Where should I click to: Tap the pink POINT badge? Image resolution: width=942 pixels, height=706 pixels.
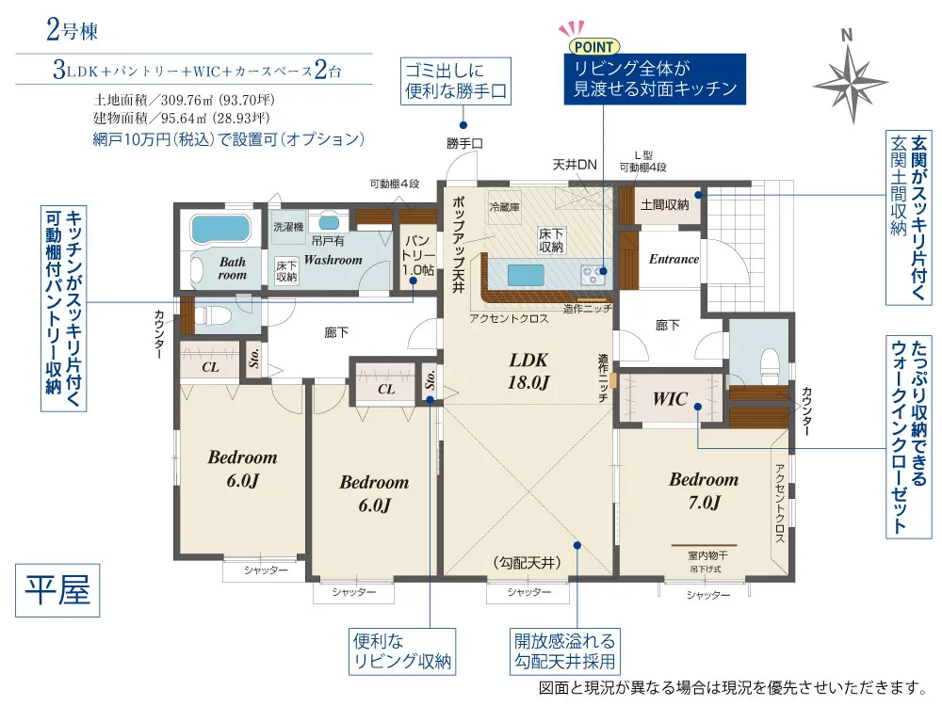pyautogui.click(x=593, y=46)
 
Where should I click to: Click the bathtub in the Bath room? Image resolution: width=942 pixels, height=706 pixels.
pyautogui.click(x=219, y=229)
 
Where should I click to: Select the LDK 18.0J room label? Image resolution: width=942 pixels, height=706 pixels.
pyautogui.click(x=528, y=370)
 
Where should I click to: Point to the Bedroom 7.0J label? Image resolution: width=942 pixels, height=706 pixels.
pyautogui.click(x=704, y=489)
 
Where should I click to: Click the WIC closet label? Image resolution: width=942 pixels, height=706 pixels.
pyautogui.click(x=670, y=398)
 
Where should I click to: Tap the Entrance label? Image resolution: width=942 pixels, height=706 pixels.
pyautogui.click(x=674, y=259)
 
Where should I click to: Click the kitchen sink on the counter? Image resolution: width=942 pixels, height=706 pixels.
pyautogui.click(x=526, y=275)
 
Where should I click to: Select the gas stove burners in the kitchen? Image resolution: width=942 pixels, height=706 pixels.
pyautogui.click(x=592, y=275)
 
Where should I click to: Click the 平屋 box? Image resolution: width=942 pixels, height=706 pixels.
pyautogui.click(x=57, y=590)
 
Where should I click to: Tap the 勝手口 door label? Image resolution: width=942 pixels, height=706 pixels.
pyautogui.click(x=464, y=143)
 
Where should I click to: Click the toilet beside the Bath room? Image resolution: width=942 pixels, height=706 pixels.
pyautogui.click(x=213, y=315)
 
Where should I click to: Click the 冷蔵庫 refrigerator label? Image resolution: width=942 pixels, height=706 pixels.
pyautogui.click(x=504, y=207)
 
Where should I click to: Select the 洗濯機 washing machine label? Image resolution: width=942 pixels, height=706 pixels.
pyautogui.click(x=288, y=226)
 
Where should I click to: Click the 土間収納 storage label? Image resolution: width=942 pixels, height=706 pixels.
pyautogui.click(x=664, y=204)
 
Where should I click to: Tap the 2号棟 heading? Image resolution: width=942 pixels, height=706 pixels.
pyautogui.click(x=73, y=30)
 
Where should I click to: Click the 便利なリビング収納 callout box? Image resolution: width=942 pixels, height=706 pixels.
pyautogui.click(x=402, y=651)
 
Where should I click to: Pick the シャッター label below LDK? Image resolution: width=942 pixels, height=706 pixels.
pyautogui.click(x=528, y=592)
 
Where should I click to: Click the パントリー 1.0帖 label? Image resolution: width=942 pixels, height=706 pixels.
pyautogui.click(x=418, y=255)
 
